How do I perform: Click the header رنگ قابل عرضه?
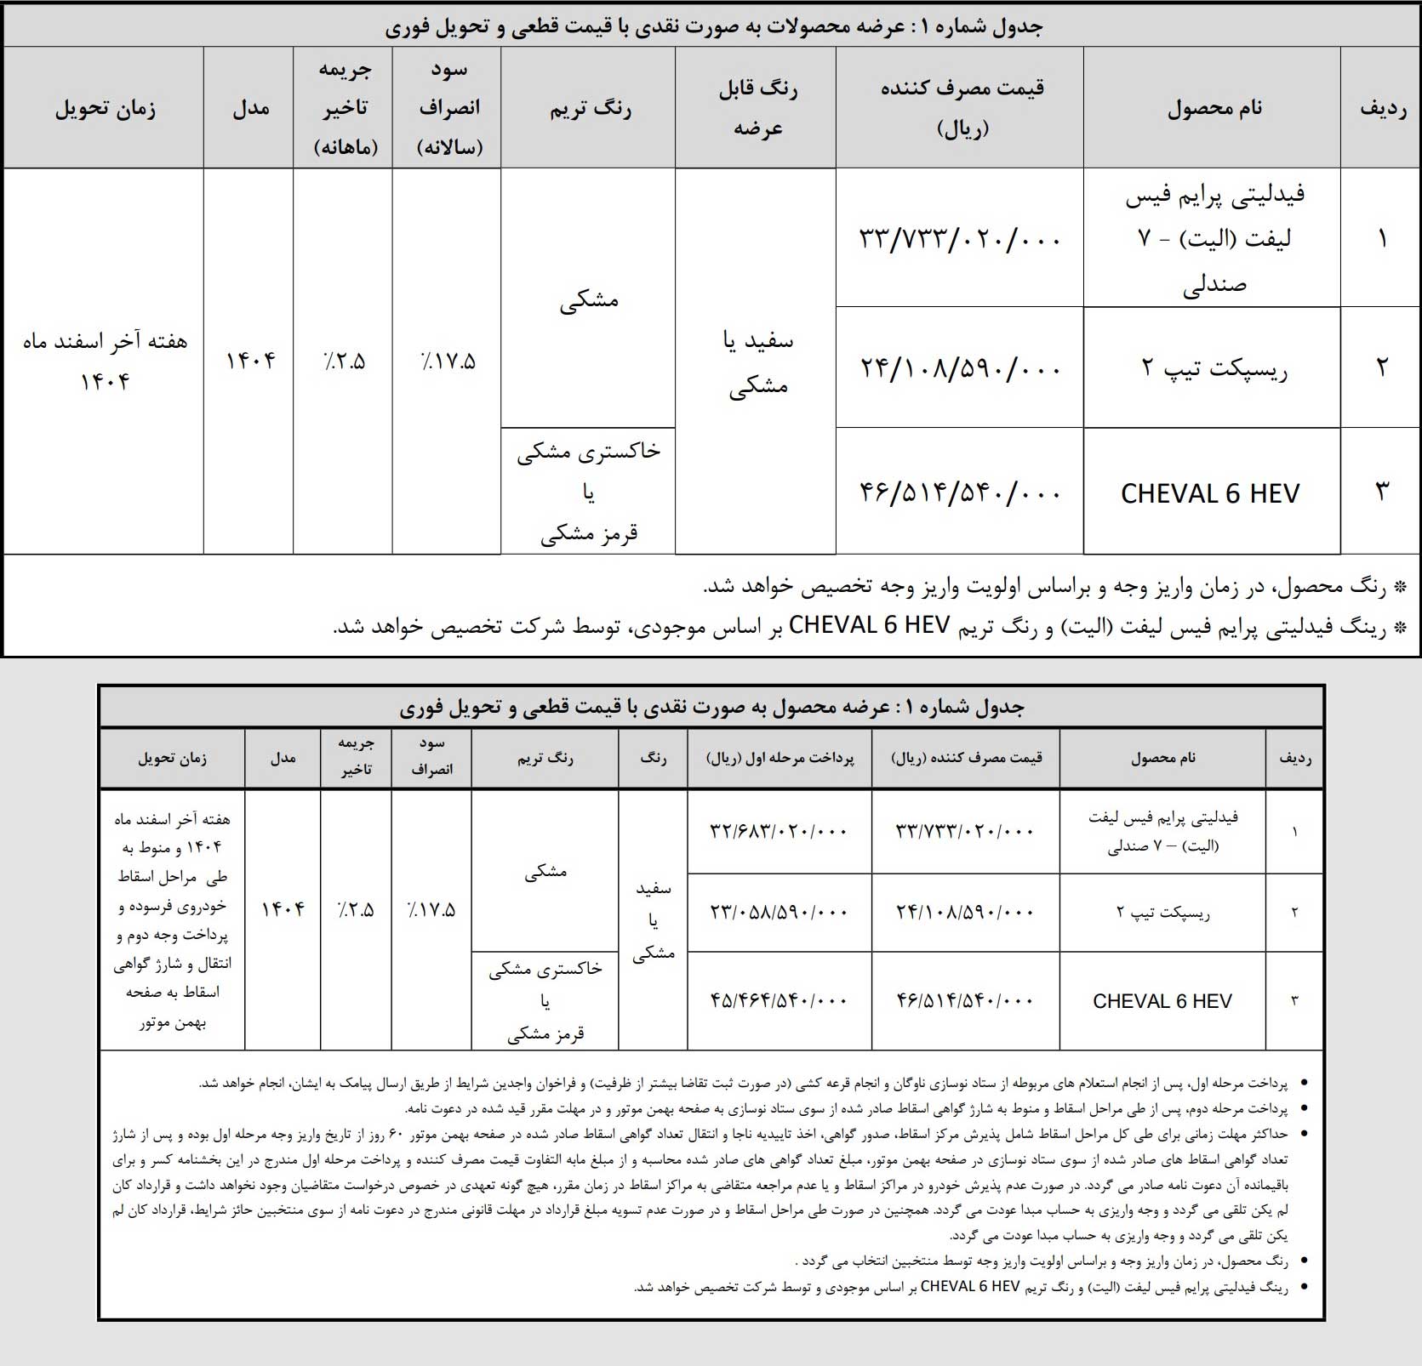[757, 108]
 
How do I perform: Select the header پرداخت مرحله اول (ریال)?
[780, 758]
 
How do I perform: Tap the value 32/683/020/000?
[779, 830]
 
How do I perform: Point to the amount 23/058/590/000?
[779, 911]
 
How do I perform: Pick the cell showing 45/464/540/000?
[779, 1000]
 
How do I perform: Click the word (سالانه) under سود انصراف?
[448, 146]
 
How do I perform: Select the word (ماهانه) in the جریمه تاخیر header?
[345, 146]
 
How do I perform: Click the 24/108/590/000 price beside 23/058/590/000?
[965, 911]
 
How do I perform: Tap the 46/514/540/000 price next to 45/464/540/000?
[965, 1000]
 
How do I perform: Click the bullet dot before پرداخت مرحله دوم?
[1305, 1111]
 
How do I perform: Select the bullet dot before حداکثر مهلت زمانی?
[1305, 1135]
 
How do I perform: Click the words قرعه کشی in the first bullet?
[822, 1084]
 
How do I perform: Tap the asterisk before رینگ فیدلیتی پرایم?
[1401, 628]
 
